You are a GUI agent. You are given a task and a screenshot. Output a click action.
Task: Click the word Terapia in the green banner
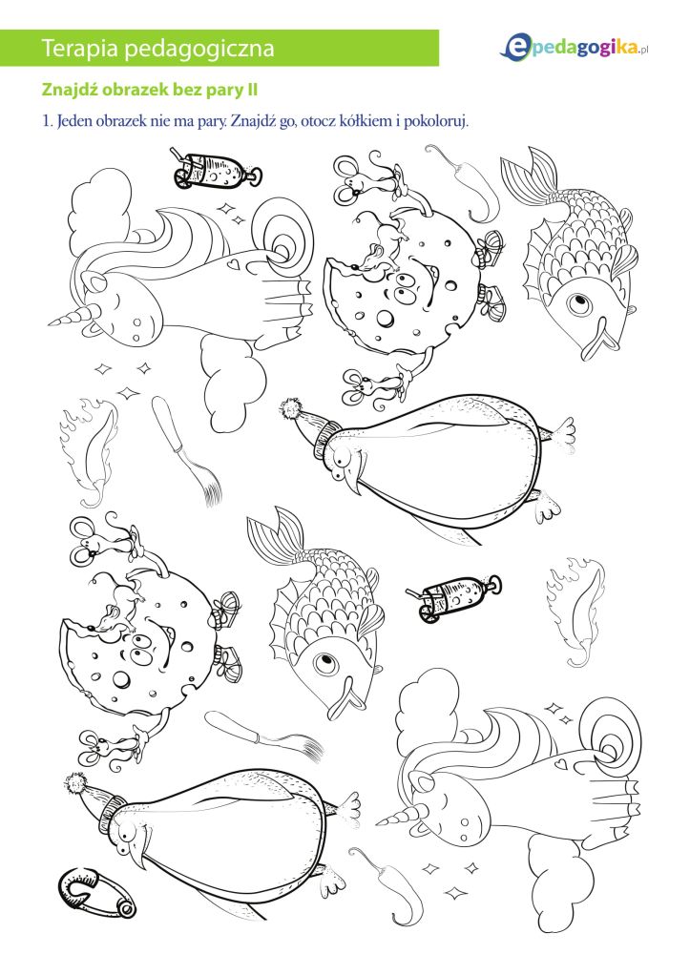[x=79, y=49]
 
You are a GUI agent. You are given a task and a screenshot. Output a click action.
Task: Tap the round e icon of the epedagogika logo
[x=515, y=48]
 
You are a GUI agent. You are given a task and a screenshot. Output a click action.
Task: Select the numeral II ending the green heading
[x=251, y=90]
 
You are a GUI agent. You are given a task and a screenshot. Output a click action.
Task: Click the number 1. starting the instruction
[x=48, y=120]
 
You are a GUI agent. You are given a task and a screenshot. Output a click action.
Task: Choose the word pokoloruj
[x=435, y=121]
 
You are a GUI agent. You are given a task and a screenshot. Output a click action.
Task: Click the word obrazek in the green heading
[x=134, y=90]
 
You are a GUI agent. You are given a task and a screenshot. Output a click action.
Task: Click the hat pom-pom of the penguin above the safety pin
[x=76, y=783]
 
